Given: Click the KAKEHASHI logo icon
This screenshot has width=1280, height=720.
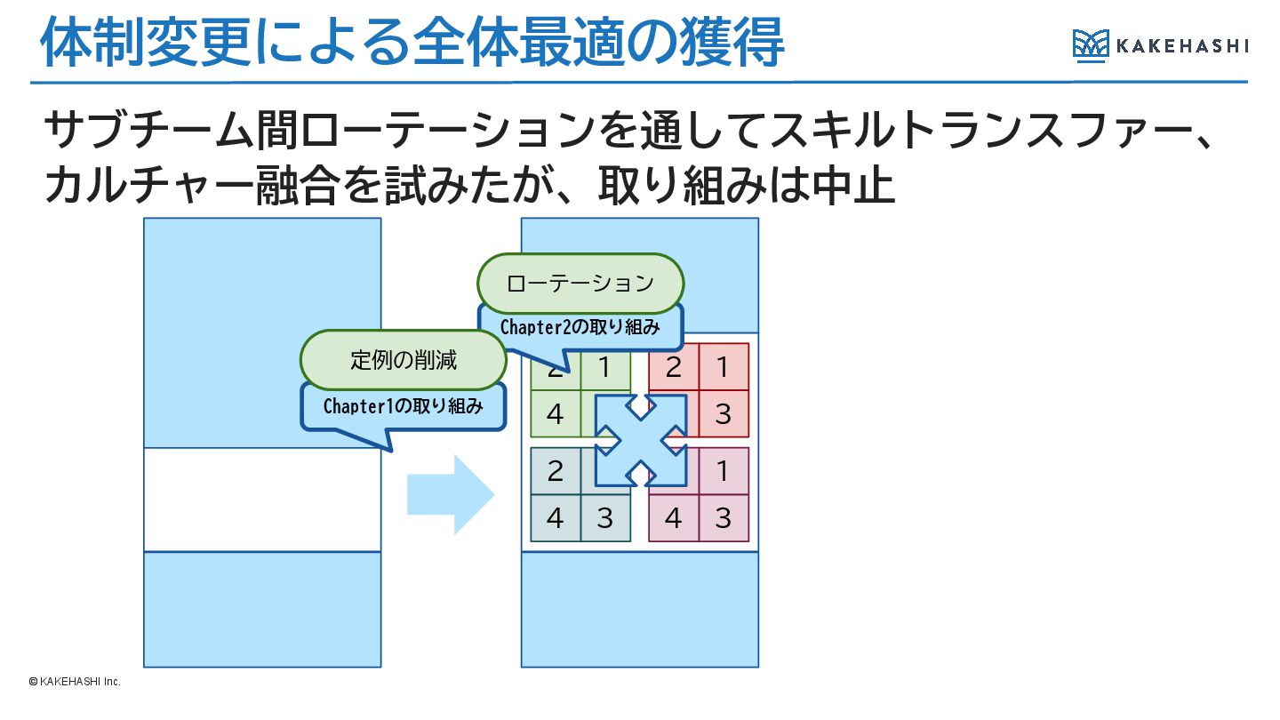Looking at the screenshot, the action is coord(1091,44).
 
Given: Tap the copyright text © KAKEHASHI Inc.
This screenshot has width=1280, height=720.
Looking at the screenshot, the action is coord(74,682).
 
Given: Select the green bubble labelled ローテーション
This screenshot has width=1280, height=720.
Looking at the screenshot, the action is coord(580,284).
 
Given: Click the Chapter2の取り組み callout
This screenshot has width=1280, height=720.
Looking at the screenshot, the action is coord(580,327).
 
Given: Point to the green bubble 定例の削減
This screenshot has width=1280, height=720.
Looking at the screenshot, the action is coord(404,360).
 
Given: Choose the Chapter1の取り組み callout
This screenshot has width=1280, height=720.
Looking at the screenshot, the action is coord(404,406).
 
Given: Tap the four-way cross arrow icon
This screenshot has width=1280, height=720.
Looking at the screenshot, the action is coord(641,440).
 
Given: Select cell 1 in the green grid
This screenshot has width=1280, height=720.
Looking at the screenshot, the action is coord(605,367).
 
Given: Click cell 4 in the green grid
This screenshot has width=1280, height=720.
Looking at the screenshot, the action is coord(556,414).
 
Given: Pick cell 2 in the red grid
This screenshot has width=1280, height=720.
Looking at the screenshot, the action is coord(674,367).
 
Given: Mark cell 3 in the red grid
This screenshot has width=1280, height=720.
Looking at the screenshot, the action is coord(724,414).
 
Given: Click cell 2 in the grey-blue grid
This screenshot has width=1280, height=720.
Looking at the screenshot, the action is coord(556,471).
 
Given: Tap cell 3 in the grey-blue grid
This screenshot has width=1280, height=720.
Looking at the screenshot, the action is coord(605,518).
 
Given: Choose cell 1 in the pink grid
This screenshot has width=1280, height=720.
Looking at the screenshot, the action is coord(724,471).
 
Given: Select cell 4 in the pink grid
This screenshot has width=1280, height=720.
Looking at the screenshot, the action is coord(674,518).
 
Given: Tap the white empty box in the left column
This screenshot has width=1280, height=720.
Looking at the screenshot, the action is coord(262,500).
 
